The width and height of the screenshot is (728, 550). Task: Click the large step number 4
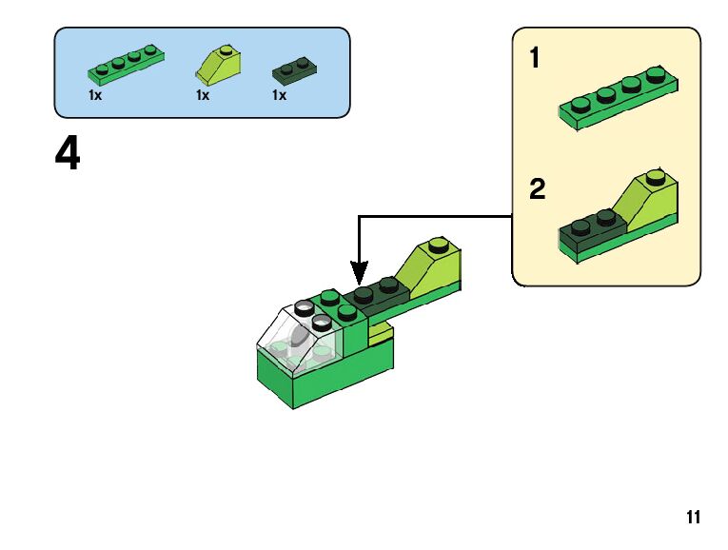[x=68, y=155]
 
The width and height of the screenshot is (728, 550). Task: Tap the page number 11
[x=693, y=518]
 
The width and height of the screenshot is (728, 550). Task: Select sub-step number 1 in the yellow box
[x=535, y=59]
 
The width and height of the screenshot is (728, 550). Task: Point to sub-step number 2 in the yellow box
[x=538, y=189]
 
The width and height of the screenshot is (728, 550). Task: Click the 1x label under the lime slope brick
[x=202, y=95]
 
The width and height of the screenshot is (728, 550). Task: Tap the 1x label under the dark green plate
[x=279, y=95]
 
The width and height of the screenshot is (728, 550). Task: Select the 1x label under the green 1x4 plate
[x=95, y=95]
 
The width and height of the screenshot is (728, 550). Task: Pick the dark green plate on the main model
[x=376, y=295]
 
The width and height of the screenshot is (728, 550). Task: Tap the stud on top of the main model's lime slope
[x=439, y=243]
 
